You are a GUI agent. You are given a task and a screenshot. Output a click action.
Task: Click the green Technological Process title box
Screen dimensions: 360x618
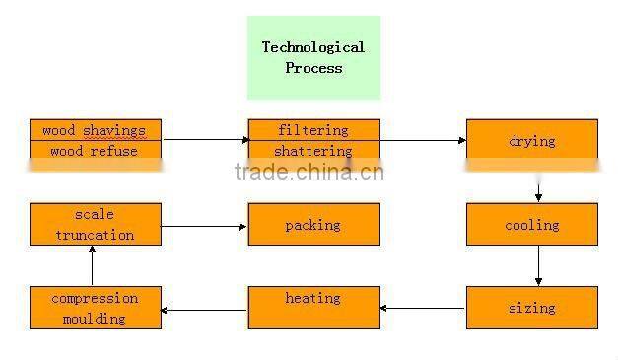(312, 57)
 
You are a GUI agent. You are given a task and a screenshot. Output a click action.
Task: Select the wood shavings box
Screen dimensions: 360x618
(95, 130)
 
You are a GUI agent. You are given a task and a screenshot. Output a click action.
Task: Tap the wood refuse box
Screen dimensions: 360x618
(95, 152)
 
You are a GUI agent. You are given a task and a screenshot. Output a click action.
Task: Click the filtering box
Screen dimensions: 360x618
(312, 130)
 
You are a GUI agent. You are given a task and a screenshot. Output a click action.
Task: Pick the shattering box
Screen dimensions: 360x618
(312, 152)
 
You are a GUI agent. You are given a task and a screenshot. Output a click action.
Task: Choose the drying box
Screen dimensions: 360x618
(531, 141)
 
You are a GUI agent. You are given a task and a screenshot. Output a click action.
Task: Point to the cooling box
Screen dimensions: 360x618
(531, 225)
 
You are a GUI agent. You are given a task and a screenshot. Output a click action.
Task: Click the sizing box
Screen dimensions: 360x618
(531, 308)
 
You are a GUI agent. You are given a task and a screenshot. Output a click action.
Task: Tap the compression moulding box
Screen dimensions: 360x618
(95, 308)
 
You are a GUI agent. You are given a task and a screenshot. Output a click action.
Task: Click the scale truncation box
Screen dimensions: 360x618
(95, 225)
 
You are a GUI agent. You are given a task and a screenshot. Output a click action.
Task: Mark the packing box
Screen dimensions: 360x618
(312, 225)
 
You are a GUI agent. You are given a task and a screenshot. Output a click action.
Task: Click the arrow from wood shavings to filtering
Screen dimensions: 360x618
(205, 140)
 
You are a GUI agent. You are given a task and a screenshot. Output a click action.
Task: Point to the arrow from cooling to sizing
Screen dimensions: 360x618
(538, 265)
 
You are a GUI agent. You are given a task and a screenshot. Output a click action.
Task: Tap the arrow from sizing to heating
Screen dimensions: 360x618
(422, 309)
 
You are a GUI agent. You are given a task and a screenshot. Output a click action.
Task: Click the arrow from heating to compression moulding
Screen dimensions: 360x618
(204, 310)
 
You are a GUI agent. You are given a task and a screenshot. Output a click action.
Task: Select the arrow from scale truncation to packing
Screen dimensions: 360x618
(204, 227)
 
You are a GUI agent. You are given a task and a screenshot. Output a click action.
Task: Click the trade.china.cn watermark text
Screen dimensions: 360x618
(309, 172)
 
